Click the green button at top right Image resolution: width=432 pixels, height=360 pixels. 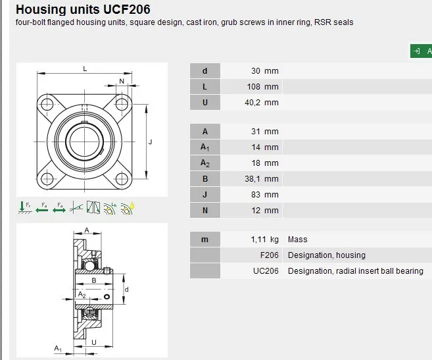point(421,51)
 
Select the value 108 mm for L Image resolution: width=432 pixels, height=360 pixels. point(265,87)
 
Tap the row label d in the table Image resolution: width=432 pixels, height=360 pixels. point(205,71)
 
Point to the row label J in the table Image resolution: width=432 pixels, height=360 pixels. point(205,195)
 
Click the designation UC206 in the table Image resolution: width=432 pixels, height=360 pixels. point(266,271)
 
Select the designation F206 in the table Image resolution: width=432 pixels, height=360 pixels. point(270,255)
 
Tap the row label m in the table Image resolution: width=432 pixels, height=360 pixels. point(205,240)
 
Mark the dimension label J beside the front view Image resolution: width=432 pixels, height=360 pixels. point(151,141)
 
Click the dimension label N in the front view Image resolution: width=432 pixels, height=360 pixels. point(122,81)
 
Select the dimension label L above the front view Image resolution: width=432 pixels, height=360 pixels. point(85,69)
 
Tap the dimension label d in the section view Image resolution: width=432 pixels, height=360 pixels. point(126,289)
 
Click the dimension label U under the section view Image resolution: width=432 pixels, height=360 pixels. point(95,342)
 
